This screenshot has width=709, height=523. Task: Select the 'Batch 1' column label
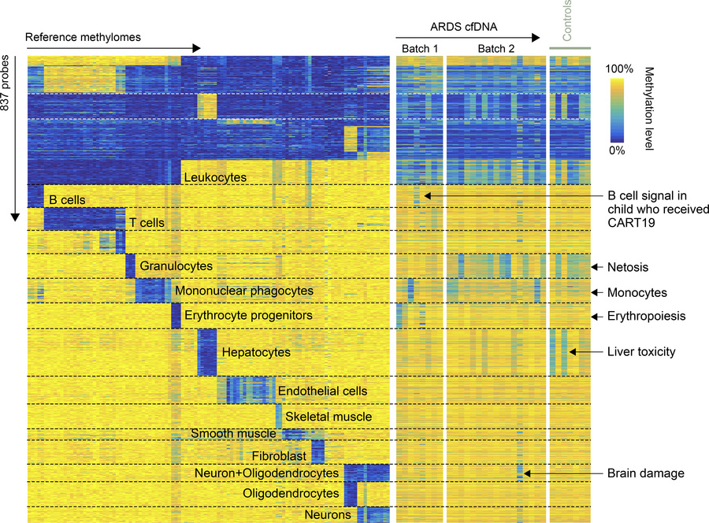(x=420, y=50)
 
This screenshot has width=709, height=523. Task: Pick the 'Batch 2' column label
(x=496, y=50)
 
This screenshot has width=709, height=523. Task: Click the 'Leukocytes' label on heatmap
(x=215, y=178)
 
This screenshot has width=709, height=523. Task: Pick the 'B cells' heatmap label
(x=67, y=200)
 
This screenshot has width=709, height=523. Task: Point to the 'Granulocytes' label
(x=176, y=266)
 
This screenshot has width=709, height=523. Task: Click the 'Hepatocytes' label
(x=256, y=352)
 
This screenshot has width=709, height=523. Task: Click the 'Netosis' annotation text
(x=628, y=267)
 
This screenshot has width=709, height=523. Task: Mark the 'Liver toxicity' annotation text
(x=641, y=352)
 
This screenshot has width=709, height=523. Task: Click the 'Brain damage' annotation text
(x=645, y=473)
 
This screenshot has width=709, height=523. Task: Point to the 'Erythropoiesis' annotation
(x=646, y=316)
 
